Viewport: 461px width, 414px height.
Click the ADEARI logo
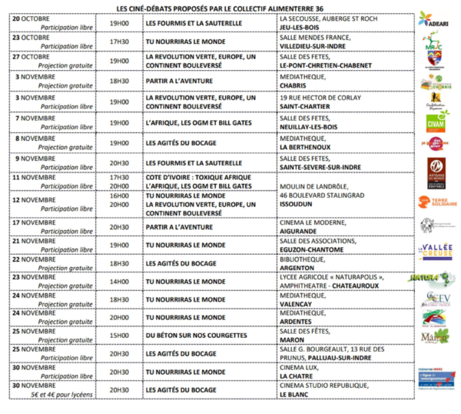pos(435,18)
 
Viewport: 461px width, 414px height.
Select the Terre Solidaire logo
pos(436,202)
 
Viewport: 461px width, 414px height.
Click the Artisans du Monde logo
pos(436,169)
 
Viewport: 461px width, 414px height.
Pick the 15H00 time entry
pos(119,336)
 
